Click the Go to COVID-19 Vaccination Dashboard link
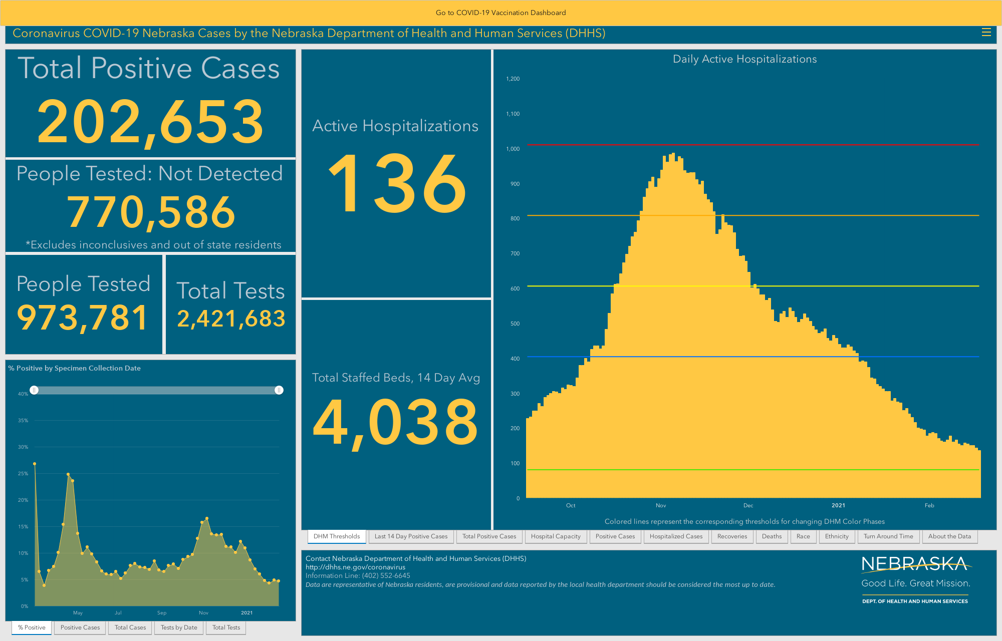point(500,13)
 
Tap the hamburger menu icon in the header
point(986,33)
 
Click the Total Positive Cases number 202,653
point(150,122)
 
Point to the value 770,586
point(151,212)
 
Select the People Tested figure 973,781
point(83,318)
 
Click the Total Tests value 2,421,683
point(231,319)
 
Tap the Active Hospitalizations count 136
point(397,183)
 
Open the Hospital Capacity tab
point(556,536)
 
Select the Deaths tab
point(772,536)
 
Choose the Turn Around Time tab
point(888,536)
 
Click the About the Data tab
point(949,536)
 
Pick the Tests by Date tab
point(179,627)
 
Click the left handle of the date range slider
point(34,390)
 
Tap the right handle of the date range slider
point(279,390)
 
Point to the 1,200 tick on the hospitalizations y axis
point(513,79)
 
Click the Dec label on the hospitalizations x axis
point(748,505)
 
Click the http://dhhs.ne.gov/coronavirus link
point(355,567)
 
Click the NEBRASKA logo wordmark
point(914,564)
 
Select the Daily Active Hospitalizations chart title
point(744,59)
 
